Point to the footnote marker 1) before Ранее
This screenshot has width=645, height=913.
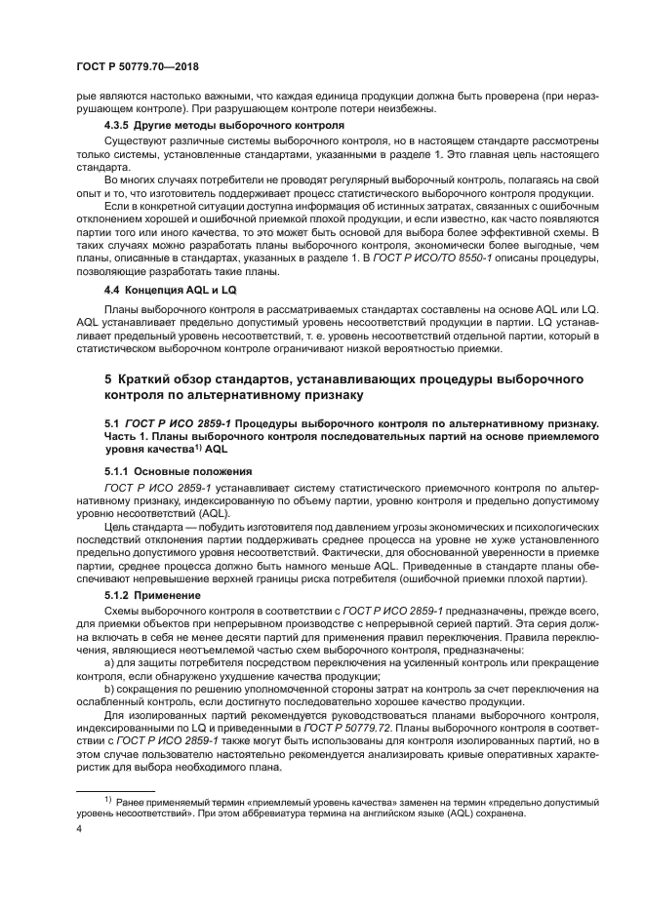[x=109, y=799]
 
